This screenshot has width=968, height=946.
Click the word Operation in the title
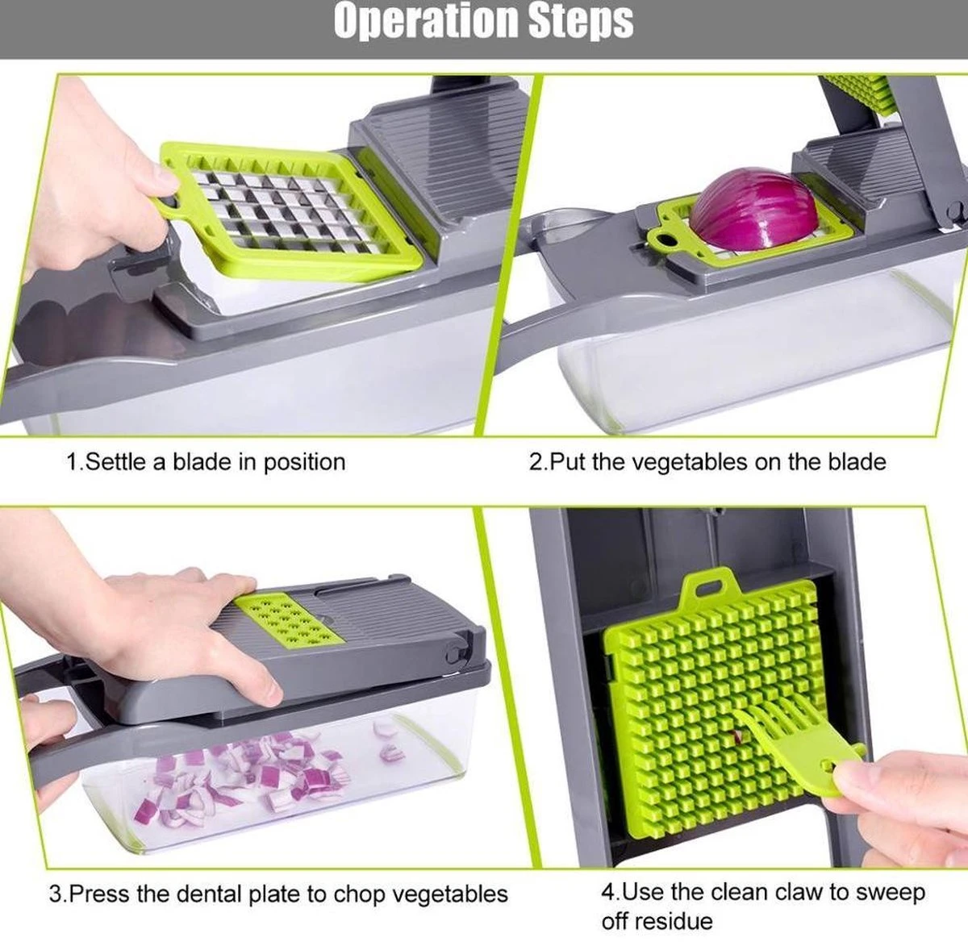point(424,22)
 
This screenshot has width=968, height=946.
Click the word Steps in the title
point(581,22)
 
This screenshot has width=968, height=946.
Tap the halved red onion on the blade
point(756,210)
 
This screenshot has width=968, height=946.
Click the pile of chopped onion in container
point(242,778)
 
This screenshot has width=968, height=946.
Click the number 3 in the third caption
point(55,894)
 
